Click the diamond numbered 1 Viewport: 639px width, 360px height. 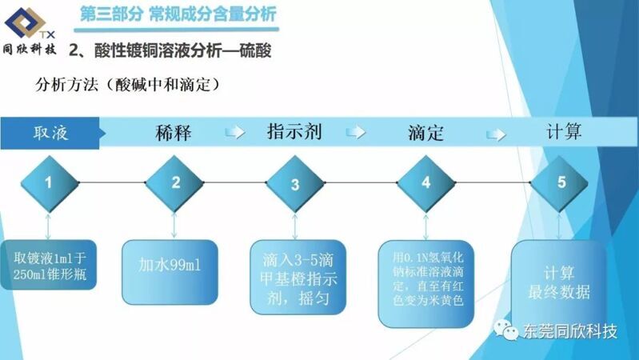(x=50, y=183)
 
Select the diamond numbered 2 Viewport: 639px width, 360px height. (x=174, y=183)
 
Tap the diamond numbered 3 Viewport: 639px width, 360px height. (x=295, y=183)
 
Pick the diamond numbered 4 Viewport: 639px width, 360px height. (x=425, y=183)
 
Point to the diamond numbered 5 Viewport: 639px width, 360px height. (x=559, y=183)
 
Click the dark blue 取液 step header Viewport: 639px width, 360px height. (x=51, y=133)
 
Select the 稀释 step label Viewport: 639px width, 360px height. (x=174, y=133)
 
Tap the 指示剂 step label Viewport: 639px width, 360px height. (x=294, y=132)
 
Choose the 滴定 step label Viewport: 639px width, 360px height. (x=425, y=133)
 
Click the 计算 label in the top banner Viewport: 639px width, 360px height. (x=564, y=131)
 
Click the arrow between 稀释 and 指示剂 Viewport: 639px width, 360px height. (x=235, y=132)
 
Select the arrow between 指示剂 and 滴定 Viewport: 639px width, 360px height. (x=356, y=132)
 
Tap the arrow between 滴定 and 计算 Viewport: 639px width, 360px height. (x=496, y=134)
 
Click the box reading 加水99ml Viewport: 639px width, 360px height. (x=170, y=272)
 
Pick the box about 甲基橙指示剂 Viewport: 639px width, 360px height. (x=298, y=278)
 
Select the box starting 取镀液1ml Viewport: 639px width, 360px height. (x=49, y=265)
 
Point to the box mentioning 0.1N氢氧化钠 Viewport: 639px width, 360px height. (x=426, y=284)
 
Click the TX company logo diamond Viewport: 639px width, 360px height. (x=25, y=22)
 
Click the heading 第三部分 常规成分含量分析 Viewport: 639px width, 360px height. (x=178, y=14)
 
